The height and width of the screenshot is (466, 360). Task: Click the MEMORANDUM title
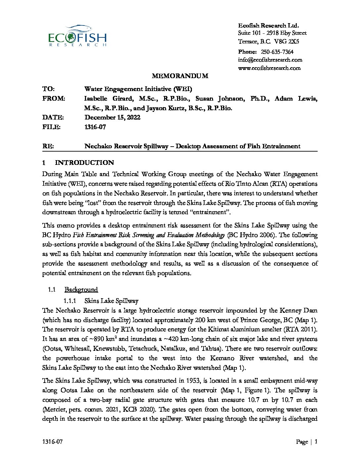(180, 76)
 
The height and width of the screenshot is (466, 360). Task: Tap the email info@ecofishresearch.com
(270, 60)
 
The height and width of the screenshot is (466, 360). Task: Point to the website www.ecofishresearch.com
(269, 68)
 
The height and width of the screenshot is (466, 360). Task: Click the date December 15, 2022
(112, 117)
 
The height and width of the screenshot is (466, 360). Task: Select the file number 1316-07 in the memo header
(95, 127)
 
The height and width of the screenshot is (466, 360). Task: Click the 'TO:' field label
(49, 89)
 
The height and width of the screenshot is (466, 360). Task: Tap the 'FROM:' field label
(54, 99)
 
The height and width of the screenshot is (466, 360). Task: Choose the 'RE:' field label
(48, 146)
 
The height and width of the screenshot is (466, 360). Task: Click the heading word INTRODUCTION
(84, 163)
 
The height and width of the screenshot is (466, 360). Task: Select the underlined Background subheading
(81, 290)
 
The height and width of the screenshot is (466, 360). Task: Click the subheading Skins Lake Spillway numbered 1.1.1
(111, 301)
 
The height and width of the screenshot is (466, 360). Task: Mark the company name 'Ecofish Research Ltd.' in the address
(268, 25)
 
